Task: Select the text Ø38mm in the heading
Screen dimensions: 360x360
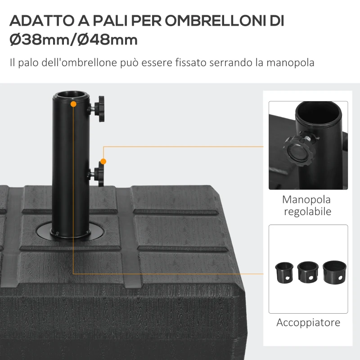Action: click(38, 40)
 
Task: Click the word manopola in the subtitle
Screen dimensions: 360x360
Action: click(290, 62)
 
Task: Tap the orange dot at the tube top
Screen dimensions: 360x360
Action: click(73, 104)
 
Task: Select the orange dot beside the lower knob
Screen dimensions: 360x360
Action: click(103, 161)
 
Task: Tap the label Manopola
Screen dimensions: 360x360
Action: click(306, 199)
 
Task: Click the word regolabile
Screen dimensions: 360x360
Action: click(307, 211)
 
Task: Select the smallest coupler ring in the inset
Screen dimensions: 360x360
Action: click(284, 272)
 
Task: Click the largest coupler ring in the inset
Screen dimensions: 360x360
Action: click(333, 271)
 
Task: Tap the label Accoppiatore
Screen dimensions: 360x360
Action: click(308, 322)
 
